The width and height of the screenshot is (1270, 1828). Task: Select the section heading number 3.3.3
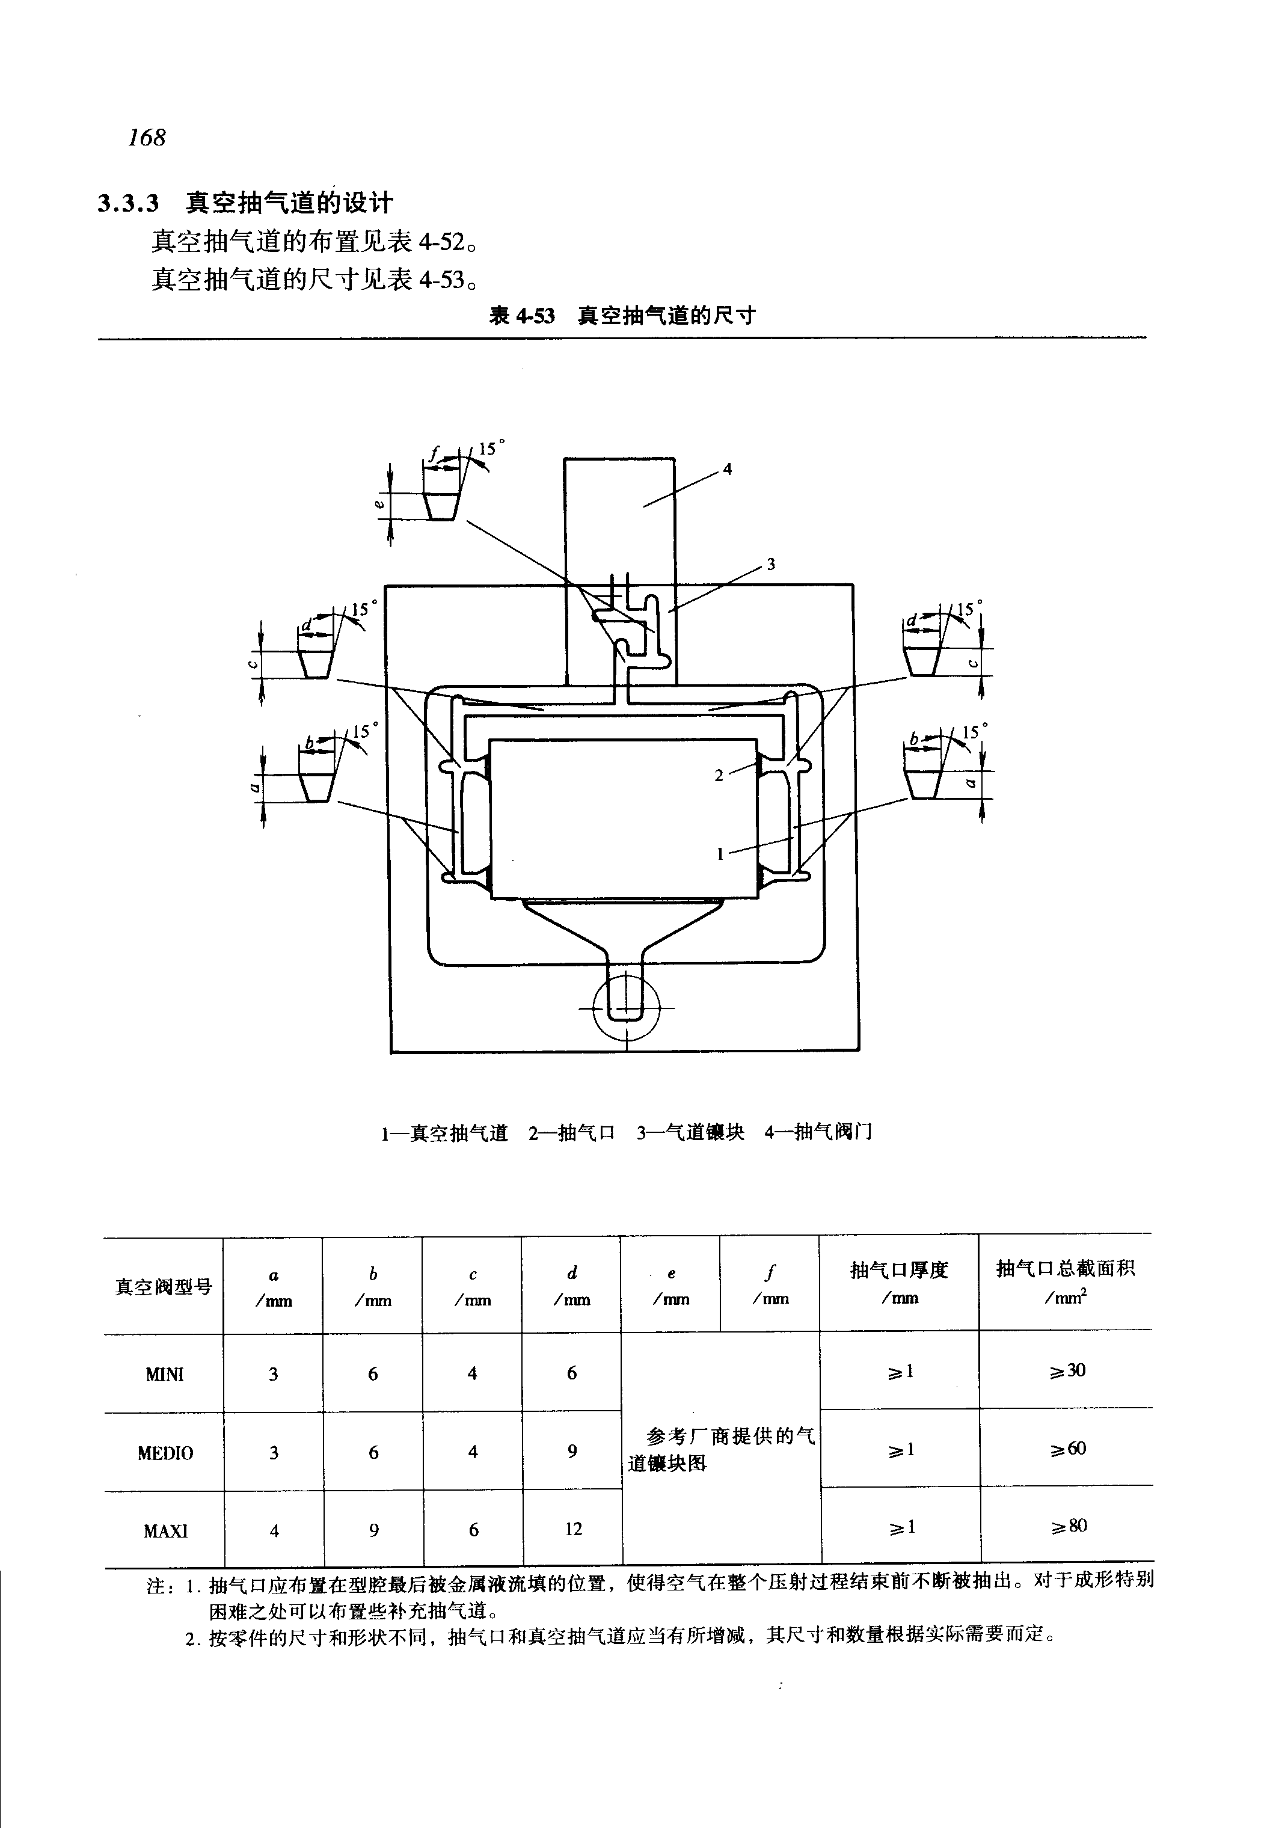tap(128, 204)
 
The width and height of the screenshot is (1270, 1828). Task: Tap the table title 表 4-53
tap(521, 316)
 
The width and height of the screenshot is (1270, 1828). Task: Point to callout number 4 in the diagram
tap(726, 470)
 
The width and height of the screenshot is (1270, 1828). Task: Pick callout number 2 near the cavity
tap(719, 775)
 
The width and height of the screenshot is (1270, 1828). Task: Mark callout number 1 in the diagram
tap(720, 854)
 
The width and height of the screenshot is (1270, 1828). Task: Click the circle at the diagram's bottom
tap(626, 1008)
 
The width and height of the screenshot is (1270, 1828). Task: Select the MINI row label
tap(164, 1375)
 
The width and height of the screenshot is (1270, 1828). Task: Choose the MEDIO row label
tap(165, 1453)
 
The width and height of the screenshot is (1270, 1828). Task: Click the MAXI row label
tap(165, 1530)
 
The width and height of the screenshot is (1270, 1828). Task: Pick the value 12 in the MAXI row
tap(573, 1529)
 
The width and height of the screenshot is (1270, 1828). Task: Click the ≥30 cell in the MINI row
tap(1066, 1370)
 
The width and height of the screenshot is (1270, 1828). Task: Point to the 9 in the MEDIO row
tap(572, 1452)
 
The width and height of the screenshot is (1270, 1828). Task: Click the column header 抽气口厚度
tap(899, 1270)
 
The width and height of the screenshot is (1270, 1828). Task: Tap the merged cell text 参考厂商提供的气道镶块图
tap(721, 1450)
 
